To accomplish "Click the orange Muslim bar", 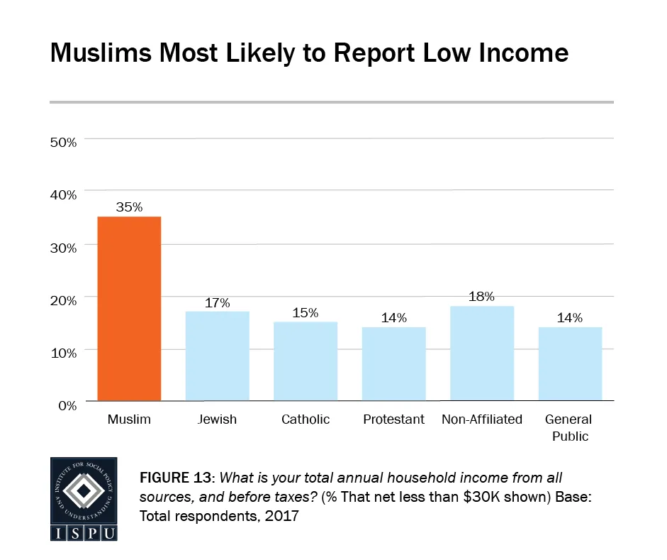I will pyautogui.click(x=129, y=309).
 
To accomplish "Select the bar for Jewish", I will pyautogui.click(x=217, y=356).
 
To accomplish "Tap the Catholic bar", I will pyautogui.click(x=306, y=361).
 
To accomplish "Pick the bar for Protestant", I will pyautogui.click(x=393, y=363).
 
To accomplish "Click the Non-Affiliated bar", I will pyautogui.click(x=482, y=353).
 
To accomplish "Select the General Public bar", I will pyautogui.click(x=570, y=363).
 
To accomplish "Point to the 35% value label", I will pyautogui.click(x=129, y=207).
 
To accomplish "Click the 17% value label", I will pyautogui.click(x=217, y=302).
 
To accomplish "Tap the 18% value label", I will pyautogui.click(x=482, y=297).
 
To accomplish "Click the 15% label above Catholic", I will pyautogui.click(x=306, y=312).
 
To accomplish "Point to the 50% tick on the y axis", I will pyautogui.click(x=63, y=142).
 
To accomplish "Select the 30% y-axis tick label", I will pyautogui.click(x=63, y=248).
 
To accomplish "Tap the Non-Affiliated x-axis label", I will pyautogui.click(x=482, y=419).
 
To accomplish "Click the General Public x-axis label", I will pyautogui.click(x=571, y=428).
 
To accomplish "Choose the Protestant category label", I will pyautogui.click(x=393, y=419).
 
